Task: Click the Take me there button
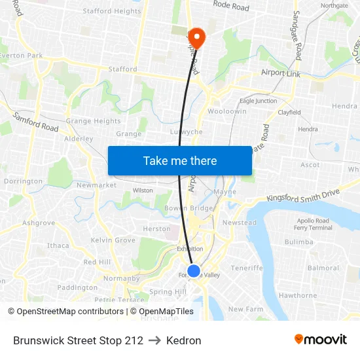[180, 161]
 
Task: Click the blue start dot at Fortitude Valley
[194, 270]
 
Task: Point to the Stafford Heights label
[111, 11]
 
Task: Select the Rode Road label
[231, 7]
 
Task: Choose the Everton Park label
[21, 56]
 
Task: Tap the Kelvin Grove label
[113, 240]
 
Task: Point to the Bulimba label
[299, 242]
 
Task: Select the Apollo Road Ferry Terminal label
[314, 224]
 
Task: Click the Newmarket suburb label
[96, 185]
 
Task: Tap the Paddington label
[77, 287]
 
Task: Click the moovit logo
[321, 340]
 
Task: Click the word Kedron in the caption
[183, 340]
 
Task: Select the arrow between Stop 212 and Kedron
[154, 340]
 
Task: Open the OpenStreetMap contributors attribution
[67, 312]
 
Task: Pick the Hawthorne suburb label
[297, 295]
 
